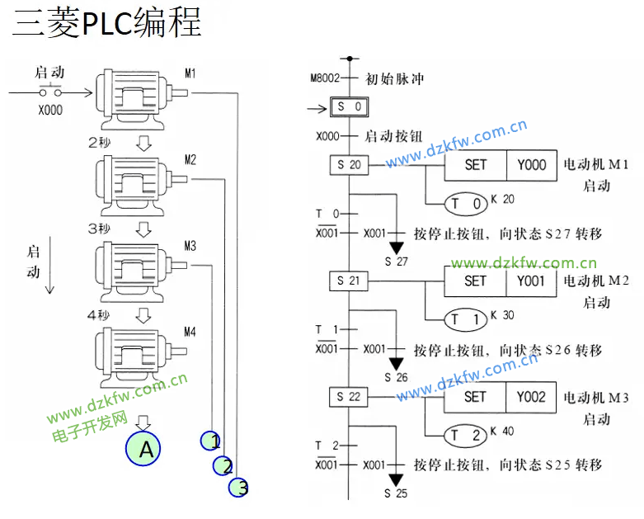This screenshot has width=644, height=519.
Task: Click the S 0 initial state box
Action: tap(349, 107)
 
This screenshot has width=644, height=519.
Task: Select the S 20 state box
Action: tap(349, 165)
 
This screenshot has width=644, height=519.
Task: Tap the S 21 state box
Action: tap(349, 281)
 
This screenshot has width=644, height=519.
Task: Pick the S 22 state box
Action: tap(349, 397)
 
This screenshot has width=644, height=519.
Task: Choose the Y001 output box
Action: tap(532, 281)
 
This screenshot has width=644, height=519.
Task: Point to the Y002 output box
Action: tap(532, 397)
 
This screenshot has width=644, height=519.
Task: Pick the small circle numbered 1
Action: tap(211, 441)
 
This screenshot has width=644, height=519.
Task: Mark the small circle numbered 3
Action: tap(239, 488)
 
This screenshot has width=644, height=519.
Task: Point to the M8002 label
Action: tap(326, 79)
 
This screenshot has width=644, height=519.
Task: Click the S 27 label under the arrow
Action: tap(397, 262)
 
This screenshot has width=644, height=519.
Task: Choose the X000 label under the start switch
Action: tap(50, 107)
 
